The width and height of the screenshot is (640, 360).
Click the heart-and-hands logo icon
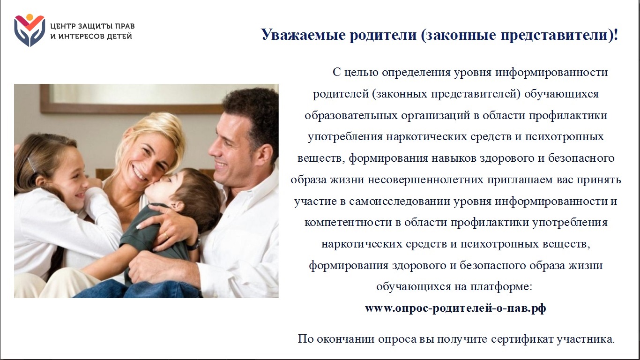[x=30, y=30]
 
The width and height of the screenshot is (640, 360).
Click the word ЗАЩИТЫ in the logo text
[x=93, y=26]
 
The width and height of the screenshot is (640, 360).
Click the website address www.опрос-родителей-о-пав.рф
[x=455, y=308]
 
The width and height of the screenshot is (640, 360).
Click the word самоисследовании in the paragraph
[x=400, y=201]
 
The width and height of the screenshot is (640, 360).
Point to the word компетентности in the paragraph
[x=348, y=223]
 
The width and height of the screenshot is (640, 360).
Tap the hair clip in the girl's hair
[x=32, y=165]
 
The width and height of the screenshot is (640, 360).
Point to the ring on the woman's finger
[x=166, y=235]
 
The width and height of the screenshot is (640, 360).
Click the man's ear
[x=264, y=155]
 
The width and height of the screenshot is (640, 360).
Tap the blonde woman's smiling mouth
[x=139, y=172]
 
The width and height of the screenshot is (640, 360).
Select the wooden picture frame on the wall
[x=132, y=99]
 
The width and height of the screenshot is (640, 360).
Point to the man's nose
[x=213, y=150]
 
